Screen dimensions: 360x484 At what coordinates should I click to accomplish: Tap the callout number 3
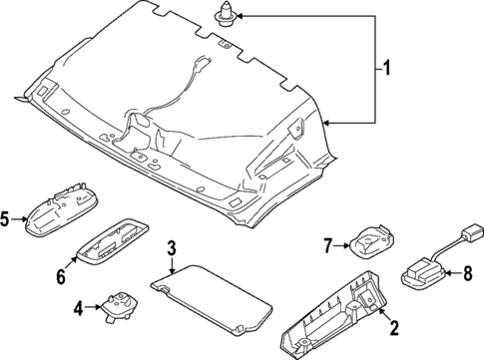(x=172, y=248)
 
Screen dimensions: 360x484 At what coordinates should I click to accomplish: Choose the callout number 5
(x=6, y=221)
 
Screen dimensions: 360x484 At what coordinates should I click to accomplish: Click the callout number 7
(x=325, y=244)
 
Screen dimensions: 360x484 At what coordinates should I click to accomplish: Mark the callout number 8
(x=462, y=270)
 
